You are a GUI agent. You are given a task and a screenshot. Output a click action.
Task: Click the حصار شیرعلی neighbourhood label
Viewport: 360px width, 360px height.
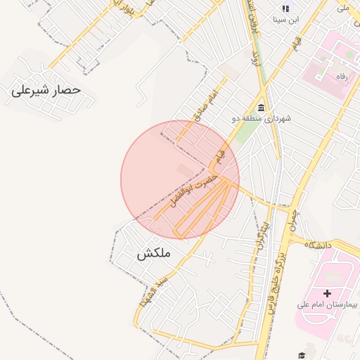pyautogui.click(x=46, y=91)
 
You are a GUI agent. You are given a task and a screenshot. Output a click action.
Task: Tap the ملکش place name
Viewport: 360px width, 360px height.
pyautogui.click(x=154, y=254)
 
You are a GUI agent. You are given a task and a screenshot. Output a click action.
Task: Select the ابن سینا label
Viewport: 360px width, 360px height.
pyautogui.click(x=287, y=20)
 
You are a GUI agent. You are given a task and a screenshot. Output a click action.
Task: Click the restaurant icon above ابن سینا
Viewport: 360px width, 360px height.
pyautogui.click(x=285, y=8)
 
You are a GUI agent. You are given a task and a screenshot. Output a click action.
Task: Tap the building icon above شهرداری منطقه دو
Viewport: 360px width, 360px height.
pyautogui.click(x=262, y=107)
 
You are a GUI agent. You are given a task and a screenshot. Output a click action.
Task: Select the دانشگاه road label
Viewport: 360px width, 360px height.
pyautogui.click(x=319, y=245)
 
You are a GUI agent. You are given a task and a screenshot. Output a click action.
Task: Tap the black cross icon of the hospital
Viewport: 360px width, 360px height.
pyautogui.click(x=327, y=292)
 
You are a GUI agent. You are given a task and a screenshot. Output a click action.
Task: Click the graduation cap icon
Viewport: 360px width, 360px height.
pyautogui.click(x=302, y=356)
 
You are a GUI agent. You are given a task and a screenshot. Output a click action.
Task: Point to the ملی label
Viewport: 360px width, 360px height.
pyautogui.click(x=343, y=7)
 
